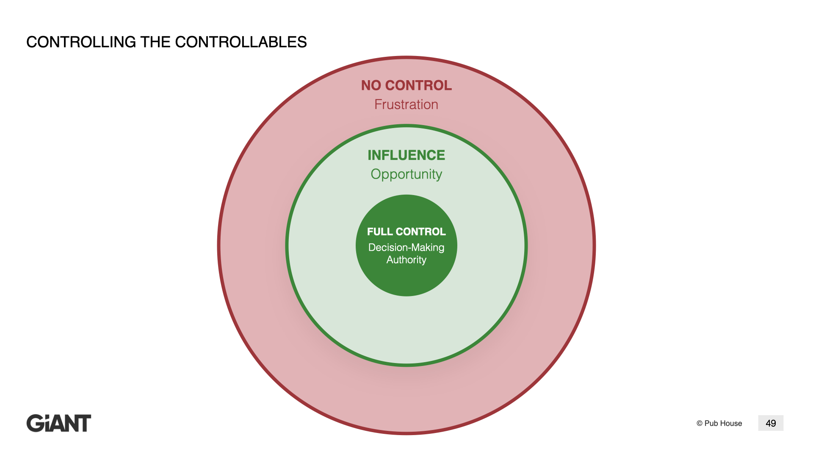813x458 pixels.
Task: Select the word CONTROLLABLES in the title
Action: tap(241, 42)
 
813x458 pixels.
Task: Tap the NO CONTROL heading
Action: tap(406, 85)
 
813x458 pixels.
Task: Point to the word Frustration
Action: tap(406, 104)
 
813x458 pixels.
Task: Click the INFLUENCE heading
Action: tap(406, 155)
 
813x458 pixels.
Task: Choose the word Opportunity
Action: tap(406, 174)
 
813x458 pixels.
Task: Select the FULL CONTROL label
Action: tap(406, 232)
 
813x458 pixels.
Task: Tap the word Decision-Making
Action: tap(406, 248)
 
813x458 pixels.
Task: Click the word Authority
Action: tap(406, 260)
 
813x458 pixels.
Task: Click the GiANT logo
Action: tap(59, 423)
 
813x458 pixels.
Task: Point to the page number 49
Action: tap(771, 423)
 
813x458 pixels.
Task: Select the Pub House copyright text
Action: tap(719, 423)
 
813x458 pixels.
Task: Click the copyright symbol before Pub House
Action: tap(700, 423)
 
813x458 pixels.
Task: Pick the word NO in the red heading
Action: tap(371, 85)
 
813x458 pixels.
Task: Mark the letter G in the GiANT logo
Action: tap(35, 423)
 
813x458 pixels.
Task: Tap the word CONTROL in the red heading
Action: tap(418, 85)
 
